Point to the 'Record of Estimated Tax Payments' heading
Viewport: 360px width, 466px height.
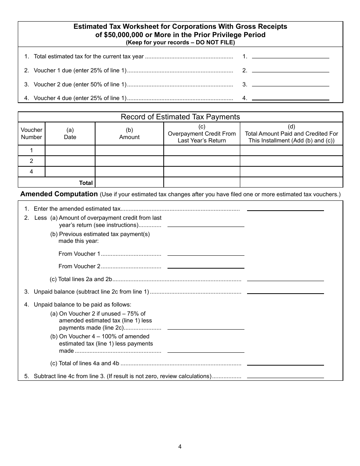[180, 117]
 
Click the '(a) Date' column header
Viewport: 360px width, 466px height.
[70, 133]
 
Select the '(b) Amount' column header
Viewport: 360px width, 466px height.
[129, 133]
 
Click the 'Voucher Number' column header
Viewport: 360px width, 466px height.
[31, 133]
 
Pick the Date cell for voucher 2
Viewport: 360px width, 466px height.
[70, 161]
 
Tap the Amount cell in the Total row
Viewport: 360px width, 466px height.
[129, 182]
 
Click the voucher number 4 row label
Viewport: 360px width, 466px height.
[31, 172]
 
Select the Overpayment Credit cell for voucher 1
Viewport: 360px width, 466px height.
[202, 150]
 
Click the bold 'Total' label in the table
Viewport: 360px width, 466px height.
[86, 183]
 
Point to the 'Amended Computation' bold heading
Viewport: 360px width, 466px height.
[59, 194]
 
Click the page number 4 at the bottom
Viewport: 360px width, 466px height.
[180, 446]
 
